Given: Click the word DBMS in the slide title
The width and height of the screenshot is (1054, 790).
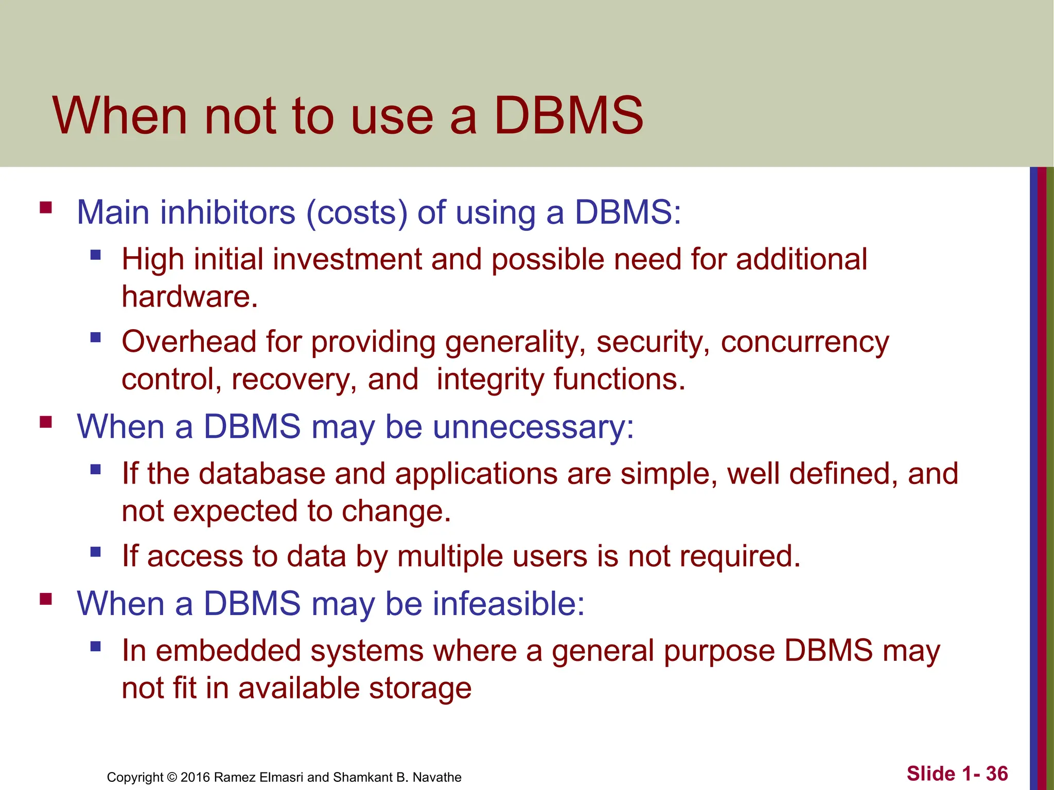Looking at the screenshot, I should [568, 116].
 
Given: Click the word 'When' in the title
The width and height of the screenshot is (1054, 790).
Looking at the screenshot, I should [120, 116].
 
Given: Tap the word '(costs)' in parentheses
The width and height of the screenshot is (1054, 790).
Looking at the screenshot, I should [357, 212].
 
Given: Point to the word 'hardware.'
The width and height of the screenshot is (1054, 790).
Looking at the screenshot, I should [189, 297].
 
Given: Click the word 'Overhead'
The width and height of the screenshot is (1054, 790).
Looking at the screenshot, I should [188, 342].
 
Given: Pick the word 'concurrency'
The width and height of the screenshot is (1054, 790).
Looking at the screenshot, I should [804, 343].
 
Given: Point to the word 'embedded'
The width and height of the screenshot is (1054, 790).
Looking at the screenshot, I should [228, 651].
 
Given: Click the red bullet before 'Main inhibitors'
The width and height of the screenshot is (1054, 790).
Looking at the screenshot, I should [46, 208].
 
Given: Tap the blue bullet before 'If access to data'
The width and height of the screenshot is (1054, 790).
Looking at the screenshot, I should [95, 552].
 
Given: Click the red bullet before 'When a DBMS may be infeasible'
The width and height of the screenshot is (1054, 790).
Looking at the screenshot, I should [46, 599].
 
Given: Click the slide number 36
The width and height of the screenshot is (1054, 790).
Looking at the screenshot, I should [997, 774].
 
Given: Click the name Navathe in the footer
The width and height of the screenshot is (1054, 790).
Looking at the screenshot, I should [437, 777].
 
